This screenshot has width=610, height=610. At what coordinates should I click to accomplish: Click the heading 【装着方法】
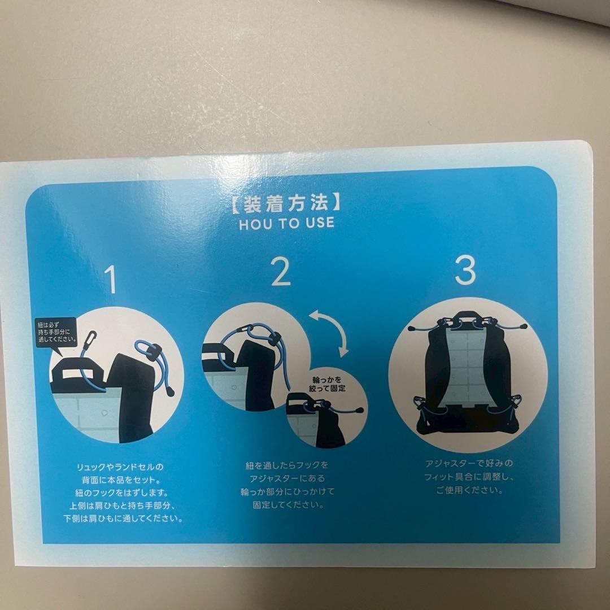[286, 202]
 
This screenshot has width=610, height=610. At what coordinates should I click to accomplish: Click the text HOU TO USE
[286, 223]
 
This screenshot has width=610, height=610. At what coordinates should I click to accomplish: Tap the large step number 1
[112, 281]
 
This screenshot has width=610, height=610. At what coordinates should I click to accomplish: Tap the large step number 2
[281, 273]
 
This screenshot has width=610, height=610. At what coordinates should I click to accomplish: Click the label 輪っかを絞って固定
[328, 384]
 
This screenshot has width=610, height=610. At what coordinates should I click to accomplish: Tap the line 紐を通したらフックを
[286, 466]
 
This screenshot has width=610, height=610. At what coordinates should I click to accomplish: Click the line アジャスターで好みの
[468, 464]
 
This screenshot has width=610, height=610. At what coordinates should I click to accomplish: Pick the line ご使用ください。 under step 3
[469, 490]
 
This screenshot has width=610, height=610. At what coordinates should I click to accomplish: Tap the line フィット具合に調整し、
[469, 477]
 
